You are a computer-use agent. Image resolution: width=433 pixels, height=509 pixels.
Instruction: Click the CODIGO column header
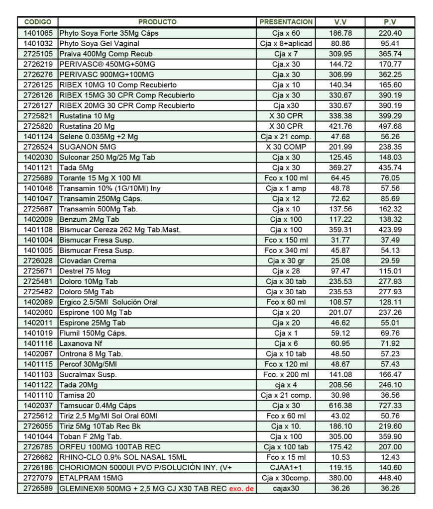[x=38, y=22]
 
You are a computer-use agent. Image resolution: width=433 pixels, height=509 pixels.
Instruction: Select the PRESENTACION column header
[x=286, y=22]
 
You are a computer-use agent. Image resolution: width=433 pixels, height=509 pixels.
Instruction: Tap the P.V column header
[x=390, y=22]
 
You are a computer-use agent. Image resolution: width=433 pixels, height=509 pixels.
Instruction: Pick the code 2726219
[x=38, y=64]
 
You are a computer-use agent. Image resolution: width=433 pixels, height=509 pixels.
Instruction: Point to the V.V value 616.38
[x=340, y=406]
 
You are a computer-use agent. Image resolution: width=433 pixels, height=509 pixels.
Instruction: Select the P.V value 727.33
[x=390, y=406]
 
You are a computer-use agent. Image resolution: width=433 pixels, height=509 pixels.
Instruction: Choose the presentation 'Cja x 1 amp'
[x=286, y=188]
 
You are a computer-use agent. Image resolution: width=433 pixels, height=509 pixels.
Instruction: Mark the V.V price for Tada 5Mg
[x=340, y=168]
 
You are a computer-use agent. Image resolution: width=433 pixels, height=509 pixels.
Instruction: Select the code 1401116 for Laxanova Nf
[x=38, y=343]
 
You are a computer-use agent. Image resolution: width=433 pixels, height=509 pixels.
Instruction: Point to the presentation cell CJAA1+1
[x=286, y=468]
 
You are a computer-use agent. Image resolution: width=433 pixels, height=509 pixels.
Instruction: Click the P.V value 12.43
[x=390, y=457]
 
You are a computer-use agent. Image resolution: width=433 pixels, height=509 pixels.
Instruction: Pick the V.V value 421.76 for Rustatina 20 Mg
[x=340, y=126]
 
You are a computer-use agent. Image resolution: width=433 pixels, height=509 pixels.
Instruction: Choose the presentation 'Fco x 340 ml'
[x=286, y=251]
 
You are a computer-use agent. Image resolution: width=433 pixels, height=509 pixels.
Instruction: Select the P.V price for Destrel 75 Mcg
[x=390, y=271]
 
